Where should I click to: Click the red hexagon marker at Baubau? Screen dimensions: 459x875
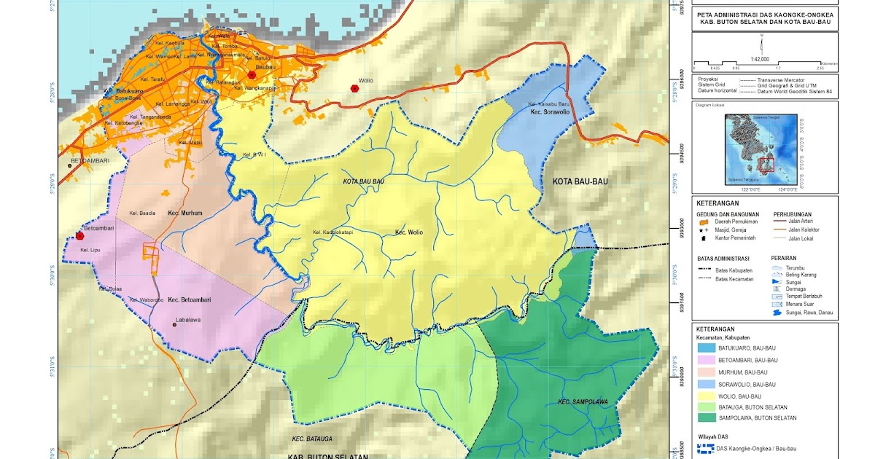pyautogui.click(x=252, y=75)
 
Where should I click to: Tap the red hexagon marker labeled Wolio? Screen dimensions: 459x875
pyautogui.click(x=354, y=88)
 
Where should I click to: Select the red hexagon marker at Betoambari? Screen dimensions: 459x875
pyautogui.click(x=79, y=235)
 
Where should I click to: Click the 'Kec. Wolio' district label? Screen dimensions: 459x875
pyautogui.click(x=408, y=232)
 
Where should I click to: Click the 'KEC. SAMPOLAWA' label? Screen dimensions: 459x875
pyautogui.click(x=583, y=401)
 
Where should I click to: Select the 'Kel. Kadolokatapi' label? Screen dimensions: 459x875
pyautogui.click(x=332, y=232)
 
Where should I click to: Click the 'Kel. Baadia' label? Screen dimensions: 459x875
pyautogui.click(x=142, y=213)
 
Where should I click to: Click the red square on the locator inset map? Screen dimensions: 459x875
pyautogui.click(x=766, y=165)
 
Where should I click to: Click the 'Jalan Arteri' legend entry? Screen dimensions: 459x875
pyautogui.click(x=802, y=221)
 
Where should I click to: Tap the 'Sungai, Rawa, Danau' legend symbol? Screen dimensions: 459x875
pyautogui.click(x=778, y=313)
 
